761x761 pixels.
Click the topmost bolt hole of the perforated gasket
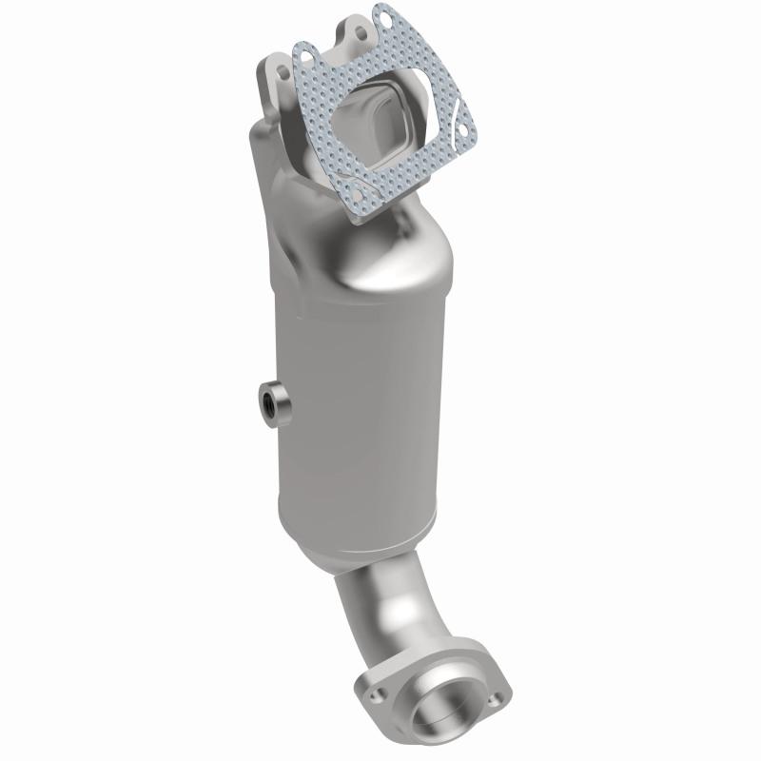click(x=383, y=15)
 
